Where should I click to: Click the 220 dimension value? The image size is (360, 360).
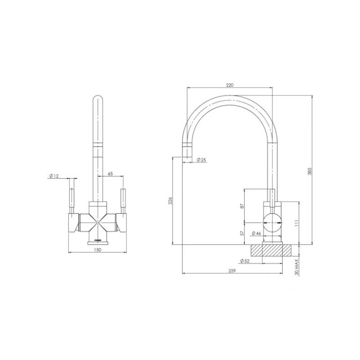[x=229, y=84]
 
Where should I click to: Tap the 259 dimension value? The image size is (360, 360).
[x=232, y=270]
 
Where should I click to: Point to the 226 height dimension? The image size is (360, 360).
[x=170, y=201]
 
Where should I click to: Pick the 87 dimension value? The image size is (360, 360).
[x=242, y=206]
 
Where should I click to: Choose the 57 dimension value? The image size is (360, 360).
[x=242, y=234]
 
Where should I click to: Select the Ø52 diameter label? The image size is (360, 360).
[x=245, y=261]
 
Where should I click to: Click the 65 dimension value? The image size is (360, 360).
[x=110, y=173]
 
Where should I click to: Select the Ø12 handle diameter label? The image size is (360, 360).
[x=54, y=175]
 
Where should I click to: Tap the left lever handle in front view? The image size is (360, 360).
[x=71, y=199]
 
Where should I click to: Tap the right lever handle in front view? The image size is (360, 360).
[x=122, y=199]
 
